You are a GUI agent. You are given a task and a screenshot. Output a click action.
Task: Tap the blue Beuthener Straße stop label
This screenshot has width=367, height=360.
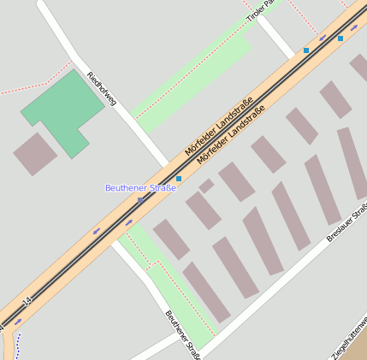coord(139,187)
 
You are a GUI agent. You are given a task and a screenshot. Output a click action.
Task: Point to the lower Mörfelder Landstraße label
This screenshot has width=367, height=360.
coord(230,134)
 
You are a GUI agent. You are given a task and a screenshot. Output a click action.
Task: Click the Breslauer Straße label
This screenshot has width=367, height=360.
coord(347,222)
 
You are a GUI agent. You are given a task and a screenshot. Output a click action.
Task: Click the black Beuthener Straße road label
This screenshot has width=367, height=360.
coord(182,334)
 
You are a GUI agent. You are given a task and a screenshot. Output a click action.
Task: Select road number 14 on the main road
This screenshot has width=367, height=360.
coord(27,302)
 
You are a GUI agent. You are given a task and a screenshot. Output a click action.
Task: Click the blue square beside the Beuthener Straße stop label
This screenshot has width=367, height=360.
coord(179,178)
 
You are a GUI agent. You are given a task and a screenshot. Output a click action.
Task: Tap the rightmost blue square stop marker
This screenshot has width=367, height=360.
coord(340,38)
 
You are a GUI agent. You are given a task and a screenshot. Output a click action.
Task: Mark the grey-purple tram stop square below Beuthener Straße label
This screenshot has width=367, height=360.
coord(141,200)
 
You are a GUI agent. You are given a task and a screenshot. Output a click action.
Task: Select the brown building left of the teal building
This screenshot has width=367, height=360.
coord(35,154)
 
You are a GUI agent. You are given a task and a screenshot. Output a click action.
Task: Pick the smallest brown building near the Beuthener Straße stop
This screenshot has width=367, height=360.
coord(206,185)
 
